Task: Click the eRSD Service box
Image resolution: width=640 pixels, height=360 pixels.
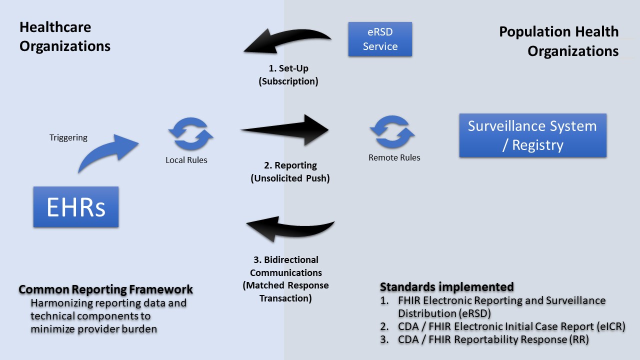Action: pos(380,39)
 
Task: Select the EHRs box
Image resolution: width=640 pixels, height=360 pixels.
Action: pos(76,207)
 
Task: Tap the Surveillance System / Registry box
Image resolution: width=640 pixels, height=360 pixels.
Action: pos(532,135)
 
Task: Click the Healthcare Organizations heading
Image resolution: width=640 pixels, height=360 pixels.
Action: pos(64,36)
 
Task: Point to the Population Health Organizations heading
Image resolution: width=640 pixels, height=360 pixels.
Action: pos(558,41)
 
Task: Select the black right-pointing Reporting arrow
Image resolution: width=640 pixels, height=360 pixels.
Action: pos(285,130)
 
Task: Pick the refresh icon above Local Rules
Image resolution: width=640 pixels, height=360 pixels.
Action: pos(190,134)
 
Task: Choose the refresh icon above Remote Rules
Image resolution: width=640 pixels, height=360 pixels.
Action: pos(392,132)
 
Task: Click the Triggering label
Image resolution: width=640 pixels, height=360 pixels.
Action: pos(68,137)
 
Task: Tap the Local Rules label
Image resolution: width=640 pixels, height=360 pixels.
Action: pos(186,160)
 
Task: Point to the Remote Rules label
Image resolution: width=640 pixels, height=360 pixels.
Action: pos(394,157)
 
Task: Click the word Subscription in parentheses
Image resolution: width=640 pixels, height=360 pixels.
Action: pos(288,81)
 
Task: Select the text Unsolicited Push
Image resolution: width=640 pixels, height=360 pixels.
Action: pos(290,177)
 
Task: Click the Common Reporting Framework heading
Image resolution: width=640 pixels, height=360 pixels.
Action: pos(105,289)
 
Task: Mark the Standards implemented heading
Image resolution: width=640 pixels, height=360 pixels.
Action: pos(446,287)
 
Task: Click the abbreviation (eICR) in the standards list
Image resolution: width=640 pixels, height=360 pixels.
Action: pos(611,326)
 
